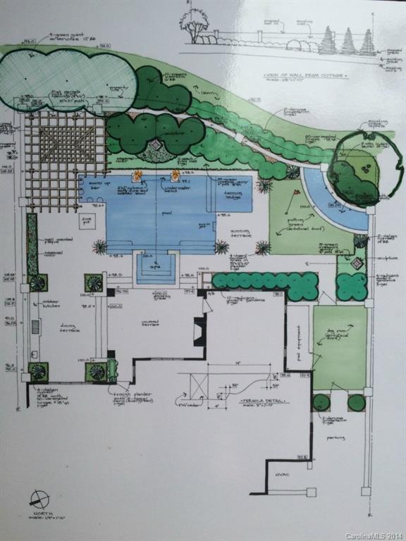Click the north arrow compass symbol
39,499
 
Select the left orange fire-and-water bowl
137,175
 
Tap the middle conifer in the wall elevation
348,42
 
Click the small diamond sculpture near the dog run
357,263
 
